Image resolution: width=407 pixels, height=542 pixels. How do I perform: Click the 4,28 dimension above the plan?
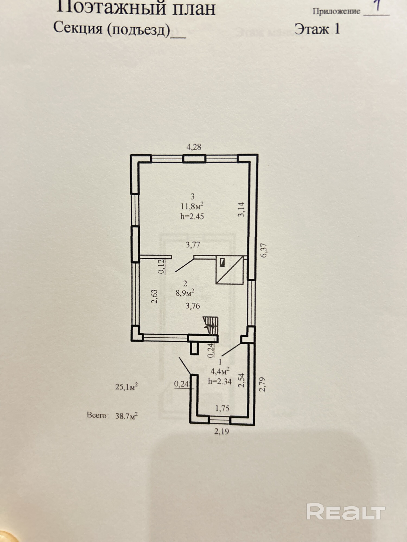click(x=194, y=147)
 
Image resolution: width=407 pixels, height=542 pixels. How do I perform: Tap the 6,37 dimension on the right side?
click(x=264, y=250)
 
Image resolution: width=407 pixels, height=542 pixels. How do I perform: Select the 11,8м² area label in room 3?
click(x=192, y=206)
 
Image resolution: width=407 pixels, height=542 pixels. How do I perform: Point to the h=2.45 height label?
click(x=192, y=217)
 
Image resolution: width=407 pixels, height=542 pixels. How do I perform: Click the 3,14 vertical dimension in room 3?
click(x=241, y=209)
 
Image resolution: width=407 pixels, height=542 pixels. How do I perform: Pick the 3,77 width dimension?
click(x=193, y=245)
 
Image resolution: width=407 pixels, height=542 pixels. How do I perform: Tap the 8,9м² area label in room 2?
click(x=185, y=293)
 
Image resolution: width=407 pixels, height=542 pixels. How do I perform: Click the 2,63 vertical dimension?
click(x=154, y=296)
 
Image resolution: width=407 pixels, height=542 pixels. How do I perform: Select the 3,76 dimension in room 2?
click(x=193, y=306)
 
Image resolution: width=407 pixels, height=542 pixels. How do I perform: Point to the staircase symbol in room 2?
click(x=211, y=325)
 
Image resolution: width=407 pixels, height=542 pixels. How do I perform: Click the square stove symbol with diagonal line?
click(x=230, y=270)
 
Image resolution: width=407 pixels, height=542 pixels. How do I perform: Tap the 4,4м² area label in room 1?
click(x=221, y=371)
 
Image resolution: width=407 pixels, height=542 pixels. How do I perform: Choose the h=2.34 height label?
click(x=220, y=382)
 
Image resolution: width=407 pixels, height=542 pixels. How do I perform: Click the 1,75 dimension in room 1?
click(x=222, y=408)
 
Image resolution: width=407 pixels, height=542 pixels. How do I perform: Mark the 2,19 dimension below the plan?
click(x=222, y=431)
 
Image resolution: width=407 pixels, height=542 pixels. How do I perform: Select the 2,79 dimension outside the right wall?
click(x=262, y=384)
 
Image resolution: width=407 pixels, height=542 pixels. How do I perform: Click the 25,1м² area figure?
click(x=126, y=387)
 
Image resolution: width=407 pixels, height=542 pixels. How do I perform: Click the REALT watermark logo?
click(x=346, y=512)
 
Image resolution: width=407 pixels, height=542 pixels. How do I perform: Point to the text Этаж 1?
click(x=317, y=29)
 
